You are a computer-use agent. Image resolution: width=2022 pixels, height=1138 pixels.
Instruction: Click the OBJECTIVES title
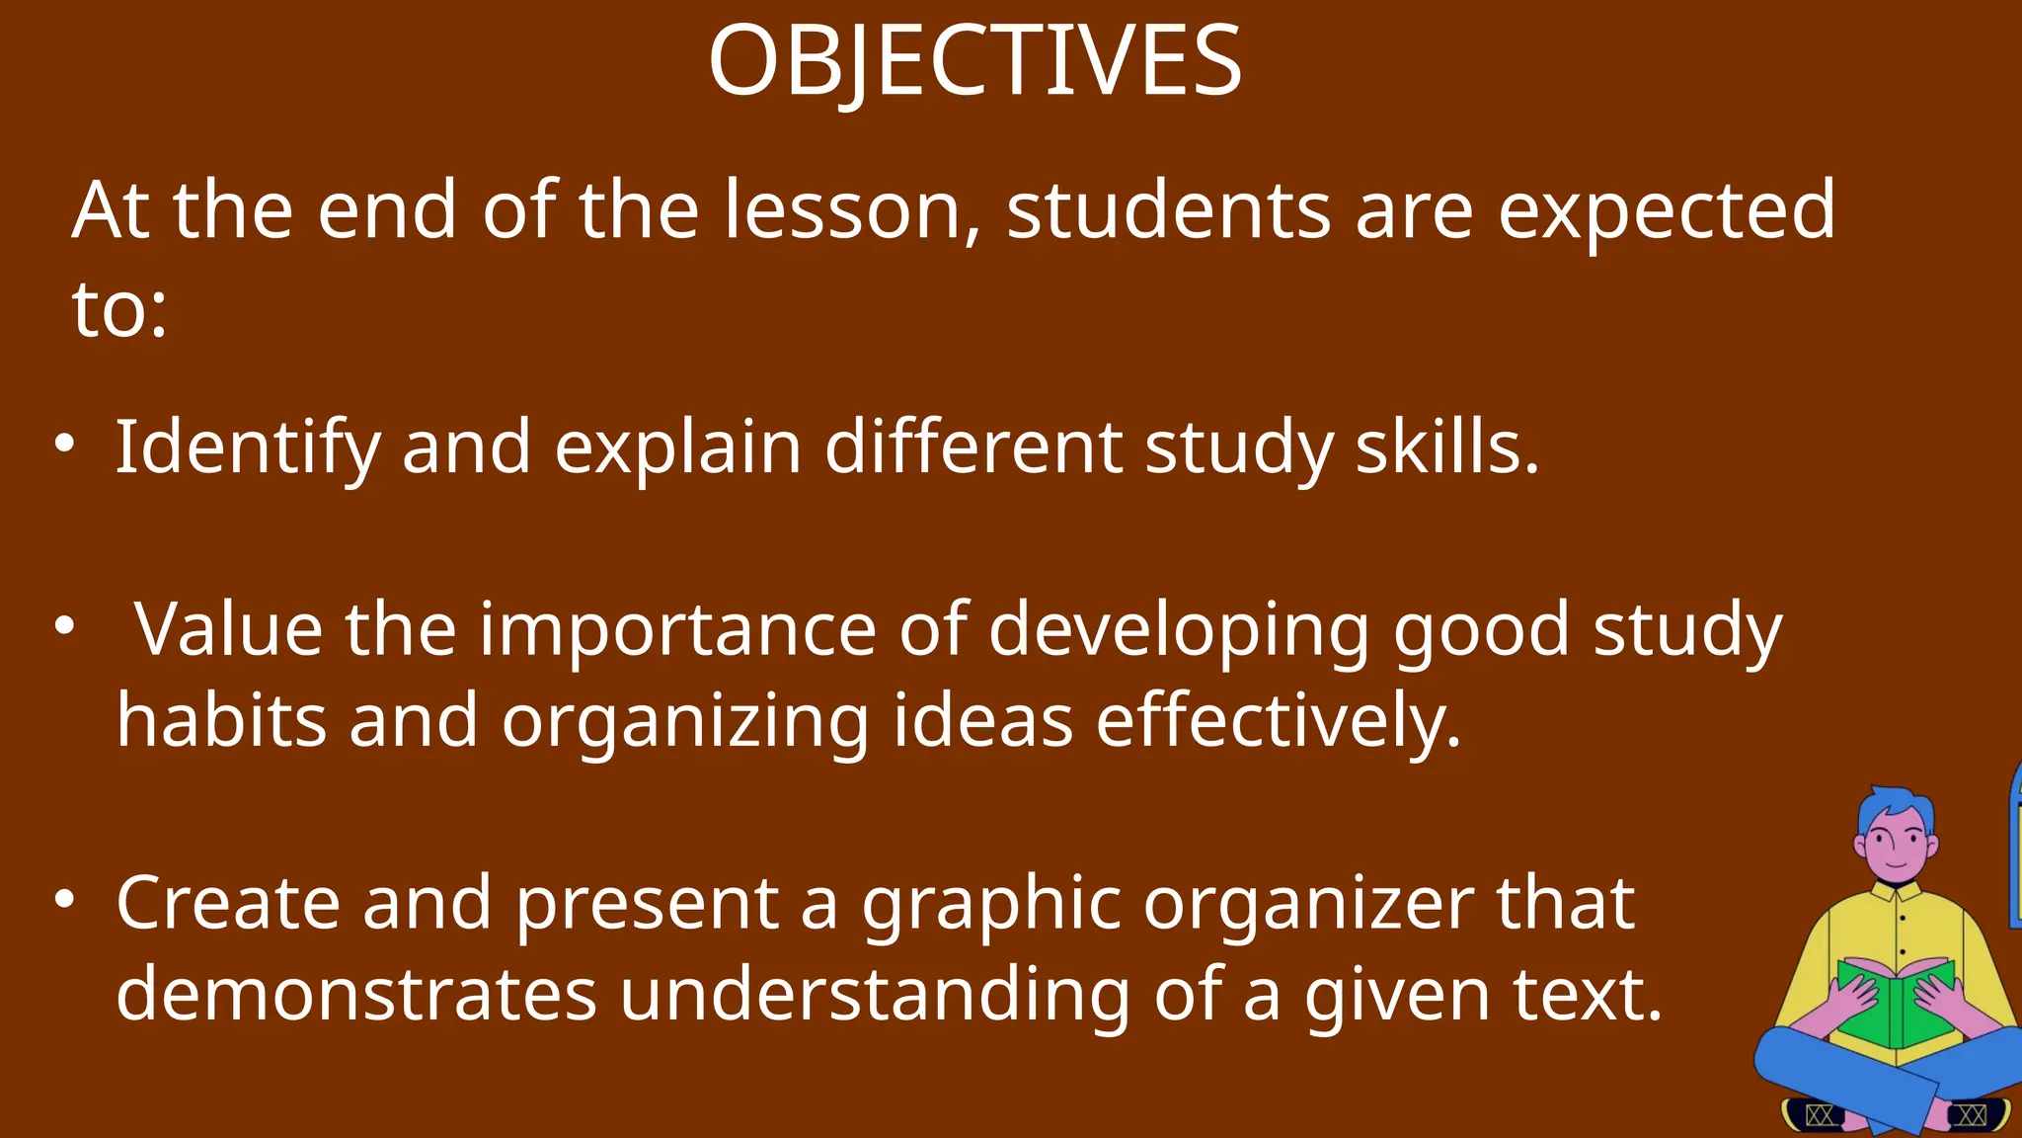974,61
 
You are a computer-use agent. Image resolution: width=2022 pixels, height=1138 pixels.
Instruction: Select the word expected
1667,211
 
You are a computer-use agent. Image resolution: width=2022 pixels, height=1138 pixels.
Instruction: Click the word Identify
247,448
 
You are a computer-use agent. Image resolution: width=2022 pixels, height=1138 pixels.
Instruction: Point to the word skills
1446,447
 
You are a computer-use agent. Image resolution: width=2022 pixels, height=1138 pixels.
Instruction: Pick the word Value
228,629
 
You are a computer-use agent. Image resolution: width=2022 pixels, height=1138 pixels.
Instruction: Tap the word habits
221,720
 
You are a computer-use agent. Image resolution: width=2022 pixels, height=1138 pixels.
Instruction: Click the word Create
228,903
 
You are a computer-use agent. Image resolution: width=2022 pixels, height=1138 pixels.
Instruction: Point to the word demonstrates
356,994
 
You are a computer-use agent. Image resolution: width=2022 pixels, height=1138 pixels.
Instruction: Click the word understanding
875,994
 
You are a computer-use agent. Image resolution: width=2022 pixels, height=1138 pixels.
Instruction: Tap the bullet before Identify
64,443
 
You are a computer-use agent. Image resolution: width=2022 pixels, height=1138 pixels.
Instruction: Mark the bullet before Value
64,624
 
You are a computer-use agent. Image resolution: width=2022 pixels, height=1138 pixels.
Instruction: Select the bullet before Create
64,898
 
